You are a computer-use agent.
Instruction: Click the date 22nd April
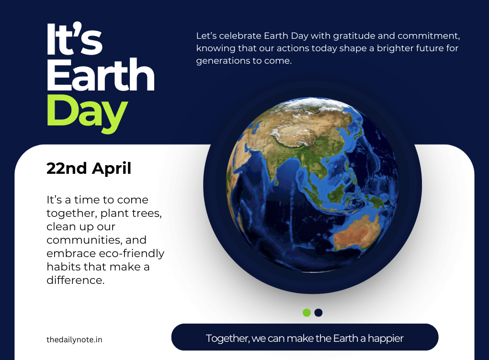(x=89, y=169)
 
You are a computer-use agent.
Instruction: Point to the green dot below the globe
(x=307, y=313)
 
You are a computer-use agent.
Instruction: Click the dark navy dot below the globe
(x=318, y=313)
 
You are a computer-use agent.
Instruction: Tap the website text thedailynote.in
(x=74, y=339)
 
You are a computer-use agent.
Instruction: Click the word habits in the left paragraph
(x=61, y=266)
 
